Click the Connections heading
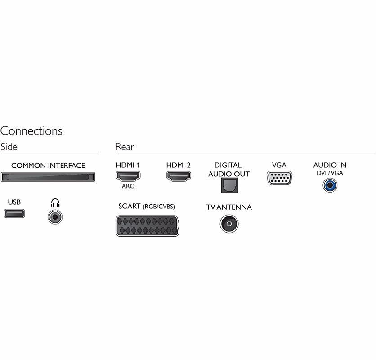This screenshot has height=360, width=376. (x=31, y=131)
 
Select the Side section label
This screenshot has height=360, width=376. (x=9, y=147)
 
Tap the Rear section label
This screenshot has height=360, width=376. (x=125, y=147)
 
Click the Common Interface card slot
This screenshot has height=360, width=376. (x=48, y=177)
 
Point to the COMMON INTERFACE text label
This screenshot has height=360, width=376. (x=48, y=166)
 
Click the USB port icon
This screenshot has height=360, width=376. (x=14, y=213)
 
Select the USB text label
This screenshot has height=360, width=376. (x=14, y=202)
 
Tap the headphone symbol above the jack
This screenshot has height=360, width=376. (x=55, y=203)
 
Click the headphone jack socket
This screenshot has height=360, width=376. (x=55, y=217)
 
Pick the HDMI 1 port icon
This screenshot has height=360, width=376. (x=128, y=176)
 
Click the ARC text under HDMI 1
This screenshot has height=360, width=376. (x=128, y=186)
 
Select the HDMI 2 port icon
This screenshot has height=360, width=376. (x=178, y=176)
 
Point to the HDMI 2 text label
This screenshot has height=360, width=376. (x=178, y=166)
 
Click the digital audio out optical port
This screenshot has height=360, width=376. (x=228, y=185)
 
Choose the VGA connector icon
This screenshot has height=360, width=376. (x=279, y=178)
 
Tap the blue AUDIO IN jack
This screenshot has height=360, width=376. (x=330, y=184)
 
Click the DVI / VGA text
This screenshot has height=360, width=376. (x=330, y=173)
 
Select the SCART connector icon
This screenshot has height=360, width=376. (x=147, y=225)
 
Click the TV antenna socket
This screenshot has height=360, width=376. (x=229, y=223)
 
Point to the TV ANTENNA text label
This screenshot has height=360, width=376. (x=229, y=207)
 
